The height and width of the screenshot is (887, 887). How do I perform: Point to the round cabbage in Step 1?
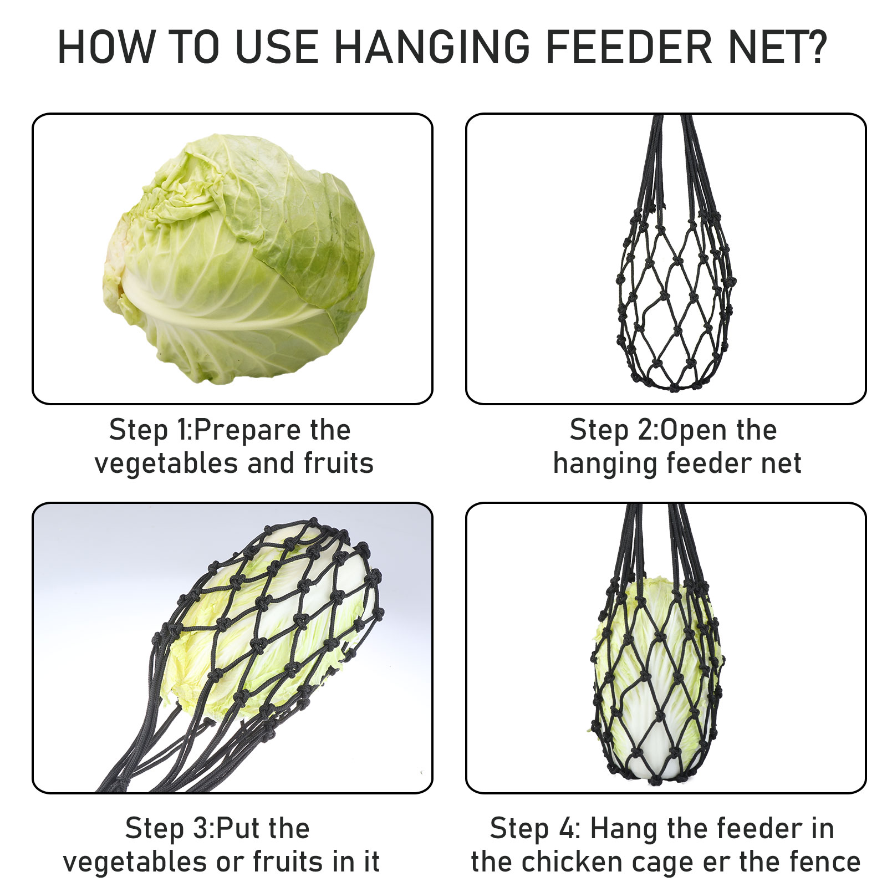(x=238, y=259)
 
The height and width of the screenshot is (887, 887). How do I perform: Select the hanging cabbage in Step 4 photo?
(x=657, y=679)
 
